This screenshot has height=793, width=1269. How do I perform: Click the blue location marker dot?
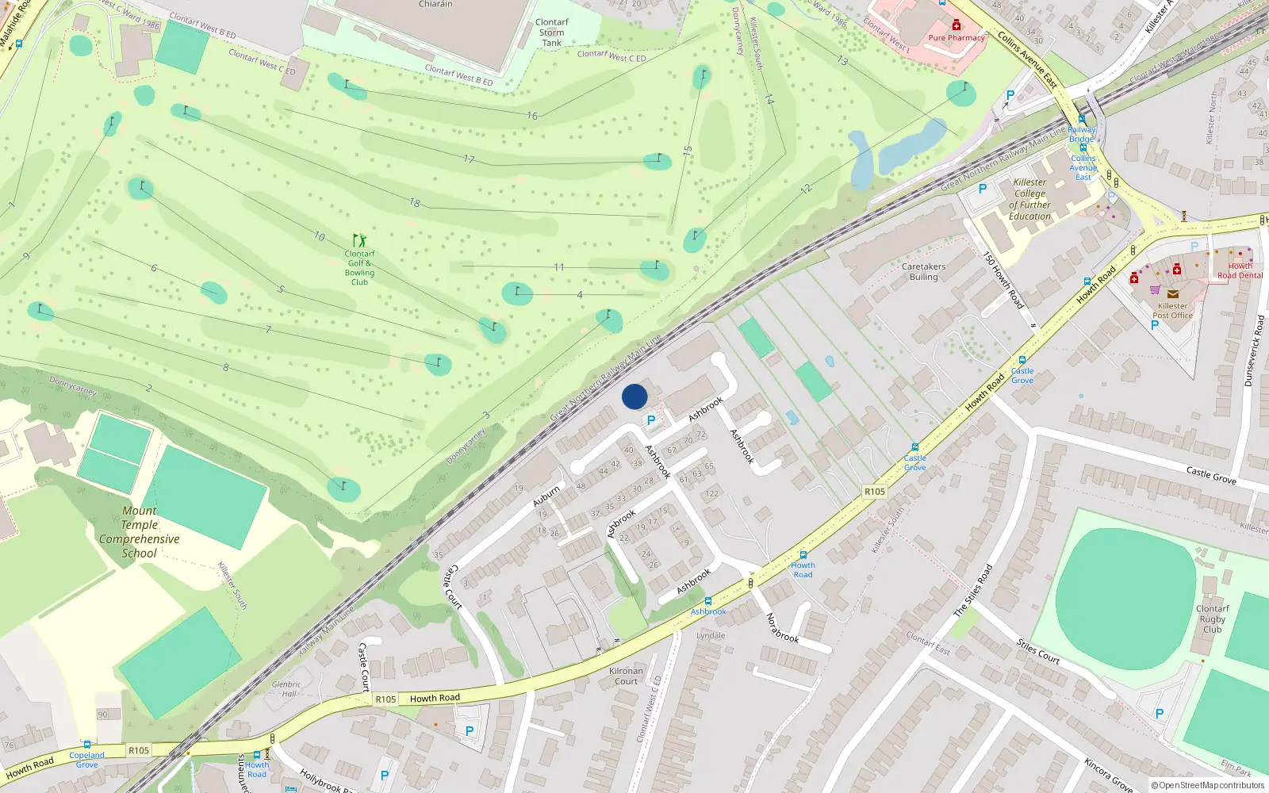click(634, 396)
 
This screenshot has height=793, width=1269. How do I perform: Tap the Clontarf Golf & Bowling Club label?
click(359, 268)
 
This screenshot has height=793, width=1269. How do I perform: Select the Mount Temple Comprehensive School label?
click(140, 532)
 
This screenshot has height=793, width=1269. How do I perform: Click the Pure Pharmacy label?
click(957, 37)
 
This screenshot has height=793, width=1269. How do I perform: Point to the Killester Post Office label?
click(1172, 310)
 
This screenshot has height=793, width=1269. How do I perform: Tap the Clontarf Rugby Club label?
click(1212, 619)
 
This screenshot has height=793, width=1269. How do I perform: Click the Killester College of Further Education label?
click(1029, 199)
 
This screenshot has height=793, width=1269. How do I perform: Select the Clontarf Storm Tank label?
click(552, 33)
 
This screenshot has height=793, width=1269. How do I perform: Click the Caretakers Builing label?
click(923, 271)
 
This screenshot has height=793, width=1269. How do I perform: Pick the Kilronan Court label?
click(626, 676)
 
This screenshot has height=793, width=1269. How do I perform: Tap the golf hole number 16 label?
click(532, 116)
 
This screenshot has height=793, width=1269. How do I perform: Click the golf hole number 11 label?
click(559, 267)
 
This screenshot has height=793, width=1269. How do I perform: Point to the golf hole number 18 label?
click(415, 203)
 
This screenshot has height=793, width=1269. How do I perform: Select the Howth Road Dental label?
click(1240, 270)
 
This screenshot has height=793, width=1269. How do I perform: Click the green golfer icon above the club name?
click(359, 239)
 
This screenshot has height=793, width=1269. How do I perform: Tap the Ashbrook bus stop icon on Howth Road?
click(707, 601)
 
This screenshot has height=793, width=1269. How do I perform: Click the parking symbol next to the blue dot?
click(651, 421)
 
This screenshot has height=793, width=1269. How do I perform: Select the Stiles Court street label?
click(1038, 651)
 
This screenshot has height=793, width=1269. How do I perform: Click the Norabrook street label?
click(781, 627)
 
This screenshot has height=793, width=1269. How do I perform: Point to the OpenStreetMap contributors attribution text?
click(1208, 785)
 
